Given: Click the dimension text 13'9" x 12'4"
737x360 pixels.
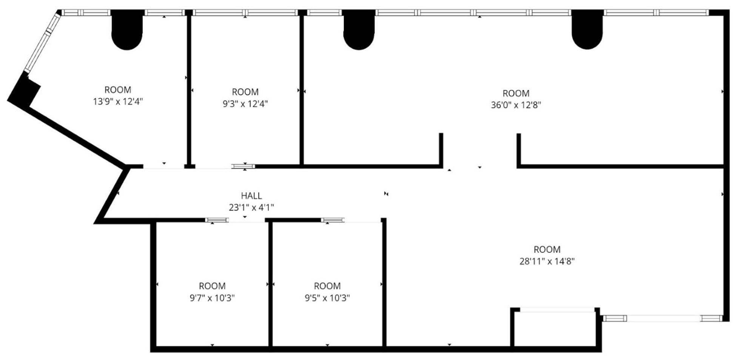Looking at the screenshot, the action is [x=118, y=102].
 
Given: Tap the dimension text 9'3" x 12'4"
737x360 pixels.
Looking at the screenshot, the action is [x=245, y=104].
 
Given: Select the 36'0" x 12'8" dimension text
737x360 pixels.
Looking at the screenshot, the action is [x=516, y=105].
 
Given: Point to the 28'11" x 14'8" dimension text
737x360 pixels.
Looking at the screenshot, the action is [x=547, y=261].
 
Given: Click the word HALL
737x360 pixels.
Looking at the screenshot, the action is [x=251, y=196].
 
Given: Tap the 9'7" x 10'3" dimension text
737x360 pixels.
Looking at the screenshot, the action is [x=212, y=298].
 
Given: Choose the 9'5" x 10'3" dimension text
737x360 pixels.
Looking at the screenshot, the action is [x=327, y=298].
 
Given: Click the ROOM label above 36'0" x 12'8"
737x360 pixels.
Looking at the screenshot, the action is [x=516, y=93].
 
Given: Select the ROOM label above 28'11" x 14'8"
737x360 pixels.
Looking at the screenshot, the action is [x=547, y=249].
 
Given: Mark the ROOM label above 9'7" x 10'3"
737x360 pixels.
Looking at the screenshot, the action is [x=212, y=286].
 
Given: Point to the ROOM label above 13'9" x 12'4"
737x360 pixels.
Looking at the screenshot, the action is [x=118, y=90].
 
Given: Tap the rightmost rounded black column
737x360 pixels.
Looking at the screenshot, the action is [x=587, y=30].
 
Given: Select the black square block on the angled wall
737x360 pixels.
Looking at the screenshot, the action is [x=25, y=90].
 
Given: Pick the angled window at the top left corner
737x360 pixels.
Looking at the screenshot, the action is [x=43, y=42].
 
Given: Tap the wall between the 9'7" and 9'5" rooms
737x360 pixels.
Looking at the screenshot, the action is [x=270, y=283].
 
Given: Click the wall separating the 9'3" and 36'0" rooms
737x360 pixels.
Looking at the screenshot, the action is [x=302, y=89].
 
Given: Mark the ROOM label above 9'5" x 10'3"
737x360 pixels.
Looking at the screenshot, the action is [x=327, y=286].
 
